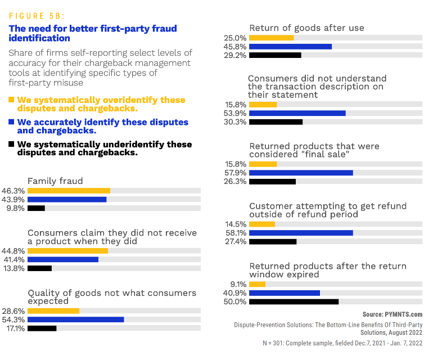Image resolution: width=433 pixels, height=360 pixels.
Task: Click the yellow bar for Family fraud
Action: [69, 191]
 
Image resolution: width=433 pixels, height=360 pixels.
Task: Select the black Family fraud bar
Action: [36, 208]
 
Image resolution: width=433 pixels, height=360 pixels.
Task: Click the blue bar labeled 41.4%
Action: [63, 259]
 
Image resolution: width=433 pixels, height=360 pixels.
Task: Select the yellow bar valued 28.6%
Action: [53, 310]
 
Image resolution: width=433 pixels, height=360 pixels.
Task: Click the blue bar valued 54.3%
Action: [75, 319]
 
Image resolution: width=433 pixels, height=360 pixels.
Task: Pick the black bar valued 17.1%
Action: [42, 328]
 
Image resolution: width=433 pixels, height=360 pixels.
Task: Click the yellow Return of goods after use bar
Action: [271, 38]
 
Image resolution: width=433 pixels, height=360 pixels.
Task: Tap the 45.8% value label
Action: [235, 47]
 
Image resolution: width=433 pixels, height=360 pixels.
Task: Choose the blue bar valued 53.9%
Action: [297, 113]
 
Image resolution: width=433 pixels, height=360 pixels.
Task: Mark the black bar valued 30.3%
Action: [276, 121]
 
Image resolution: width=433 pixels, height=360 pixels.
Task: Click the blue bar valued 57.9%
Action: [301, 173]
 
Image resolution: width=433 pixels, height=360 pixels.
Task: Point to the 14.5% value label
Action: [235, 224]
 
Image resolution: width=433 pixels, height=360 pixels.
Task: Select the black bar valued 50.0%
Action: [294, 301]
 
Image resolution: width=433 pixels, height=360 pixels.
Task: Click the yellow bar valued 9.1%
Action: [257, 284]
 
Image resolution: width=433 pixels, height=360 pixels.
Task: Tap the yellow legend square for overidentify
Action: [11, 100]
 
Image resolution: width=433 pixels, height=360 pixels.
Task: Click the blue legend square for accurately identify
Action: [11, 122]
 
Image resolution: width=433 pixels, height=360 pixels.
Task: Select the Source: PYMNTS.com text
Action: [392, 314]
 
